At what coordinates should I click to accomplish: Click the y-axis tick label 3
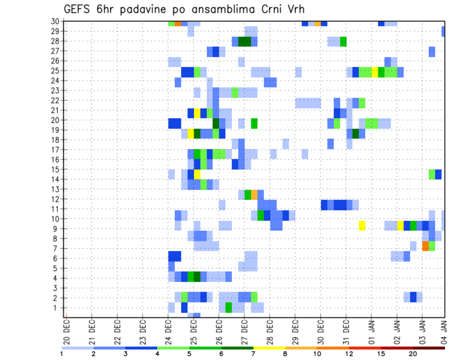[x=56, y=288]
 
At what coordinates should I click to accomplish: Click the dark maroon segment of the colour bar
[x=429, y=347]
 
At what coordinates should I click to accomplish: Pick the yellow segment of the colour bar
[x=269, y=347]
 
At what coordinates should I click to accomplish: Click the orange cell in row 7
[x=425, y=246]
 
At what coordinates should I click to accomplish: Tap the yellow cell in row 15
[x=197, y=174]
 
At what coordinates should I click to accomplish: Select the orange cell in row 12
[x=254, y=195]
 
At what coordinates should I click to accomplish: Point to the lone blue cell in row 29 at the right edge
[x=443, y=31]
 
